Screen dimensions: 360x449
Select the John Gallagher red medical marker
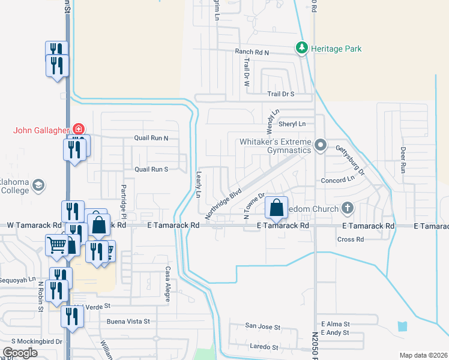78,128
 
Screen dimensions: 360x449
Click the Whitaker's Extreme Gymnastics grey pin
321,145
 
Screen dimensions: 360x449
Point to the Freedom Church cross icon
346,208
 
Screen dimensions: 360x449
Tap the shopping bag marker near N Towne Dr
277,209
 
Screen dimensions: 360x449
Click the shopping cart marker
56,244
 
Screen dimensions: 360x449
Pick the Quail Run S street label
151,169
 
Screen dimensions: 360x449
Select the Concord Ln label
338,180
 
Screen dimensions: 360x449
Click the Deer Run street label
403,160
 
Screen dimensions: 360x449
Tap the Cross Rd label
351,239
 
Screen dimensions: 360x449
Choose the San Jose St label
262,327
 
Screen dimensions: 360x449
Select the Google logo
20,353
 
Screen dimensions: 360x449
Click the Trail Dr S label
280,94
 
